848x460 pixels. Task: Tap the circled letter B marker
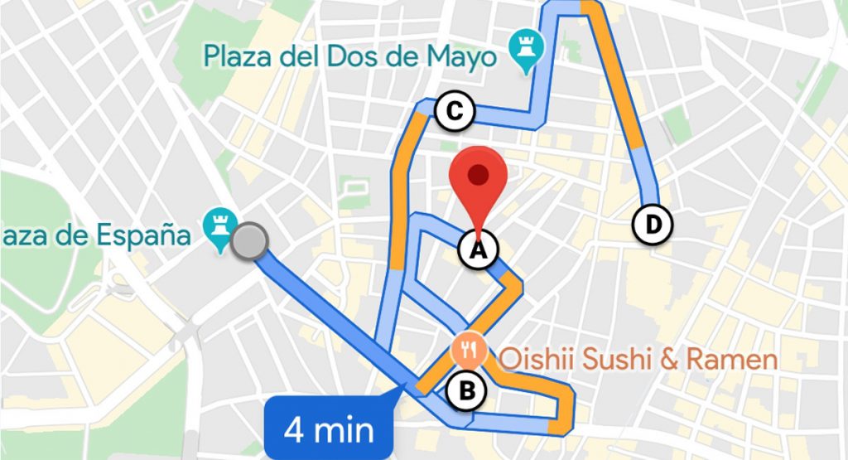click(x=467, y=390)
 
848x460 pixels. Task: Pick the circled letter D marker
click(x=653, y=223)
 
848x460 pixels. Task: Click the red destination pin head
click(x=477, y=175)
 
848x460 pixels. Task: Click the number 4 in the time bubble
click(x=292, y=430)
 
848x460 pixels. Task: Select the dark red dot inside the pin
click(x=477, y=173)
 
